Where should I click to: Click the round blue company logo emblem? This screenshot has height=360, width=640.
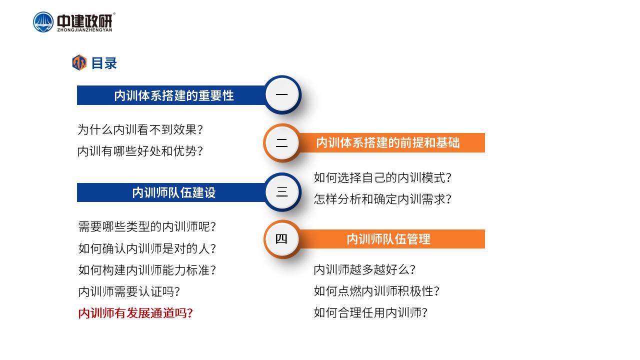point(43,22)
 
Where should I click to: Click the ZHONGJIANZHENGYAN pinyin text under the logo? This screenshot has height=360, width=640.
point(85,30)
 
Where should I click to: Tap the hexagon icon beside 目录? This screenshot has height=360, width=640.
point(79,62)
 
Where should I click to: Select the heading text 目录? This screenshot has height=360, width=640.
point(104,63)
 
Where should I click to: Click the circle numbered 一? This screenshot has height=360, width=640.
point(282,94)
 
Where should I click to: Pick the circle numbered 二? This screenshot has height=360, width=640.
point(282,142)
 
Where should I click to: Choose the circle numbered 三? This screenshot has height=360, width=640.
point(282,191)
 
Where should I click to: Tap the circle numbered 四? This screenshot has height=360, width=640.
point(282,239)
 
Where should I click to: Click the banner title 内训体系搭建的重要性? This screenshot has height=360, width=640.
point(174,95)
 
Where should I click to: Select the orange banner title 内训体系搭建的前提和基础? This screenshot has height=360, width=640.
point(388,142)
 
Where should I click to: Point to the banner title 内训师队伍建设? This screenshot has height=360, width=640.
point(174,192)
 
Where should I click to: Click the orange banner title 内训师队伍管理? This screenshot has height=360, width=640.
point(388,239)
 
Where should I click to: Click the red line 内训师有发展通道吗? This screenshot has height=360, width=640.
point(135,313)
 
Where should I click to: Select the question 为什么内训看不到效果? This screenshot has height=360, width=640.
point(140,129)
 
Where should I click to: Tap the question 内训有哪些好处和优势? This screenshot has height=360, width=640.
point(140,151)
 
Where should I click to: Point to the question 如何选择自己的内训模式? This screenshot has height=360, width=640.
point(382,177)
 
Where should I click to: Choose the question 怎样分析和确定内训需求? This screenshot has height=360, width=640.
point(382,199)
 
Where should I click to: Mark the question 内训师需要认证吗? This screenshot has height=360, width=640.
point(129,291)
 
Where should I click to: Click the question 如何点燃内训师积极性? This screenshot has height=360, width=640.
point(376,291)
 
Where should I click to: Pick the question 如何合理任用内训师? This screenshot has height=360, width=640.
point(370,312)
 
